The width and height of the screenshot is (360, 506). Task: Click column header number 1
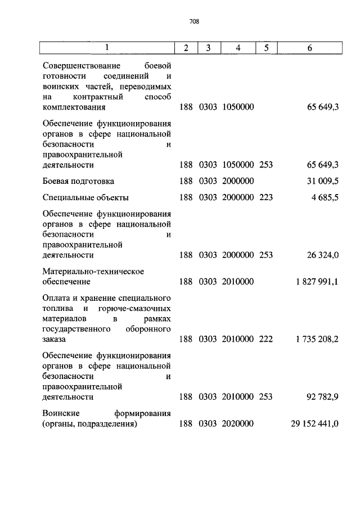pos(107,48)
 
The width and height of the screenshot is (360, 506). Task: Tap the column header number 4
pos(238,48)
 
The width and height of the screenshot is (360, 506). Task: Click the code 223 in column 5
pos(265,197)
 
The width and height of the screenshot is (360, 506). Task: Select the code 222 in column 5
pos(265,339)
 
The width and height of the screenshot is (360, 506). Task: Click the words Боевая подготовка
pos(78,181)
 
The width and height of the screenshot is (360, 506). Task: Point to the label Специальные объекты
pos(86,197)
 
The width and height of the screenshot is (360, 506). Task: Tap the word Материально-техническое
pos(93,272)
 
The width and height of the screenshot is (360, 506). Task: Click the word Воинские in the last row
pos(60,413)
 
